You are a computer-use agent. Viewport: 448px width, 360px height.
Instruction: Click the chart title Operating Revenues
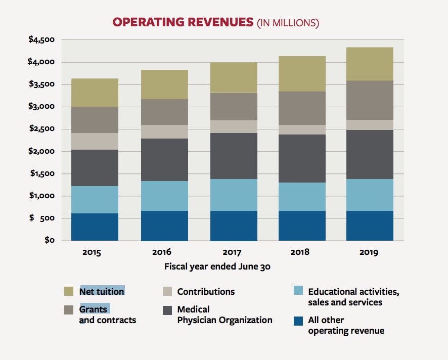point(183,22)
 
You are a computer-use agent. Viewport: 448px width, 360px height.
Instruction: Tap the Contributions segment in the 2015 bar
point(95,141)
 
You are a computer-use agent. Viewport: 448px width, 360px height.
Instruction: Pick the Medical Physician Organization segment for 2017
point(234,156)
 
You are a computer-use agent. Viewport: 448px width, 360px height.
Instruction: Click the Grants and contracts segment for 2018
point(302,108)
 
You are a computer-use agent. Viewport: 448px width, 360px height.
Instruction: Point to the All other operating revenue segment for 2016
point(164,226)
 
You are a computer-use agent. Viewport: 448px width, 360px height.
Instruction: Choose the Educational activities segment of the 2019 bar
point(370,195)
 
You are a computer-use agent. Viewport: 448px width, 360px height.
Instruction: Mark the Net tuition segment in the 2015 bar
point(95,93)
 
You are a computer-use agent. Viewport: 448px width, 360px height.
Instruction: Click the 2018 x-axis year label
point(300,252)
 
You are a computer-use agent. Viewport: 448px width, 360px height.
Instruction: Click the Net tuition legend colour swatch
point(69,292)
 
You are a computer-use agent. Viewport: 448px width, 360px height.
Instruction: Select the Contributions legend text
point(206,292)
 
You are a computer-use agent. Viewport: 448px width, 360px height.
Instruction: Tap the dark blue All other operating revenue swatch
point(299,321)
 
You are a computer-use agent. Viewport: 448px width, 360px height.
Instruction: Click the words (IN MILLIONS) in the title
point(288,23)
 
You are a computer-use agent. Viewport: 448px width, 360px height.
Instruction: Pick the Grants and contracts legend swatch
point(69,309)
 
